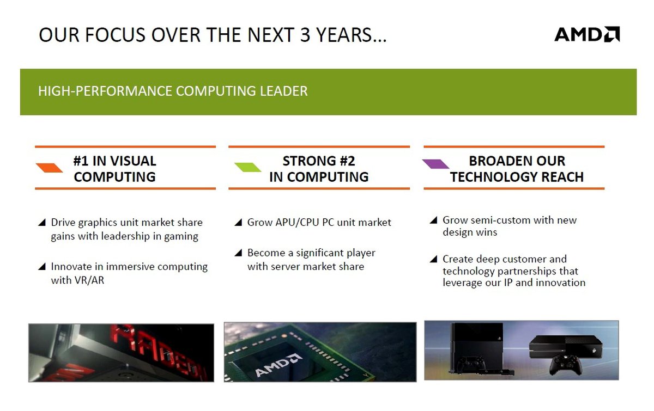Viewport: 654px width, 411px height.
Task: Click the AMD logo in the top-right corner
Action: click(587, 34)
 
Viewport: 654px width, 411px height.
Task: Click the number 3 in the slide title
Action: click(305, 35)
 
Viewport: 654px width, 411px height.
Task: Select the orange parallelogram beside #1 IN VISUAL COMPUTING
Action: click(49, 168)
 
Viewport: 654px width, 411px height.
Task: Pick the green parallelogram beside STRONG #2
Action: click(247, 167)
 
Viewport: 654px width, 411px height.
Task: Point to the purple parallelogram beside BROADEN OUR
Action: click(435, 164)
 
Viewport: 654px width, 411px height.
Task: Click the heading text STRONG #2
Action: click(319, 161)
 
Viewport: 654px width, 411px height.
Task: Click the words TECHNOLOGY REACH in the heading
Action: click(517, 177)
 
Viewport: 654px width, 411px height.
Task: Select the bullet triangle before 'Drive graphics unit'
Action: click(43, 223)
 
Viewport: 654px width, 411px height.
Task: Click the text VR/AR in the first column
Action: click(89, 280)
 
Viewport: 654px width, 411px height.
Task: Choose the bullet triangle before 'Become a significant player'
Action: click(239, 253)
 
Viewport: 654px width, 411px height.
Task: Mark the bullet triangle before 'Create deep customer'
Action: click(434, 259)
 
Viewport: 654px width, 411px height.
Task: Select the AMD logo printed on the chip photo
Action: click(278, 365)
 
